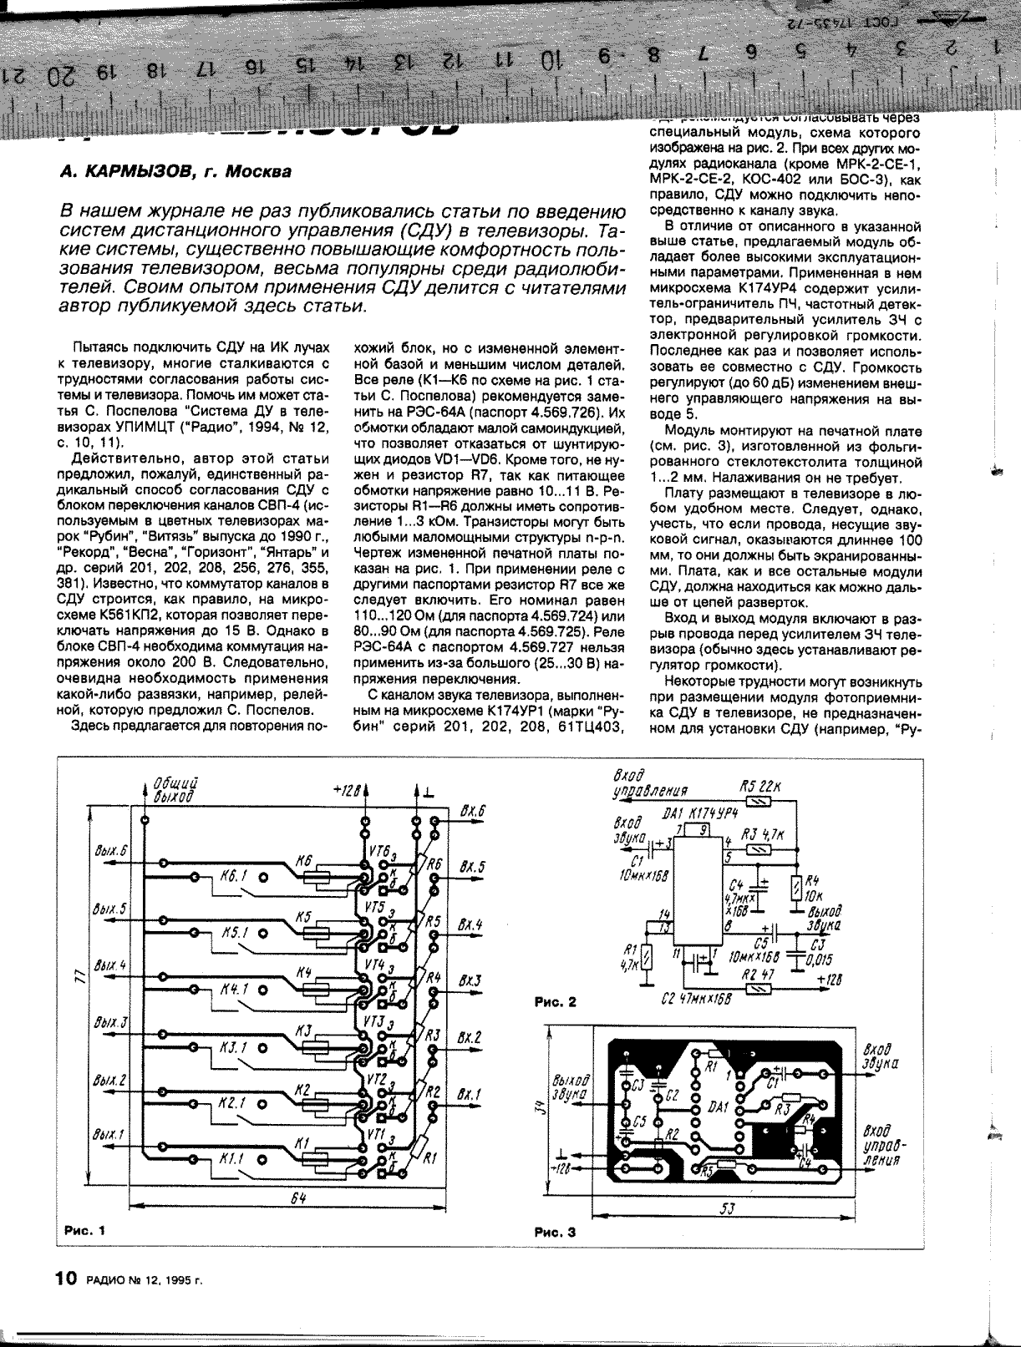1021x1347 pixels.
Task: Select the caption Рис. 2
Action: click(x=556, y=1002)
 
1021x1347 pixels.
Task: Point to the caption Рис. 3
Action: click(x=556, y=1231)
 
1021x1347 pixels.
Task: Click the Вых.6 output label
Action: click(x=111, y=850)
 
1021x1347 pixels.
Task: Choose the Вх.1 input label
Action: click(x=470, y=1093)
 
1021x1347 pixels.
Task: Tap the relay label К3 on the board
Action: click(x=302, y=1031)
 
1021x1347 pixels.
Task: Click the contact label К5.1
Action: click(x=234, y=934)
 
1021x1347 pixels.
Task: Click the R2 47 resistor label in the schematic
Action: click(x=759, y=974)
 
